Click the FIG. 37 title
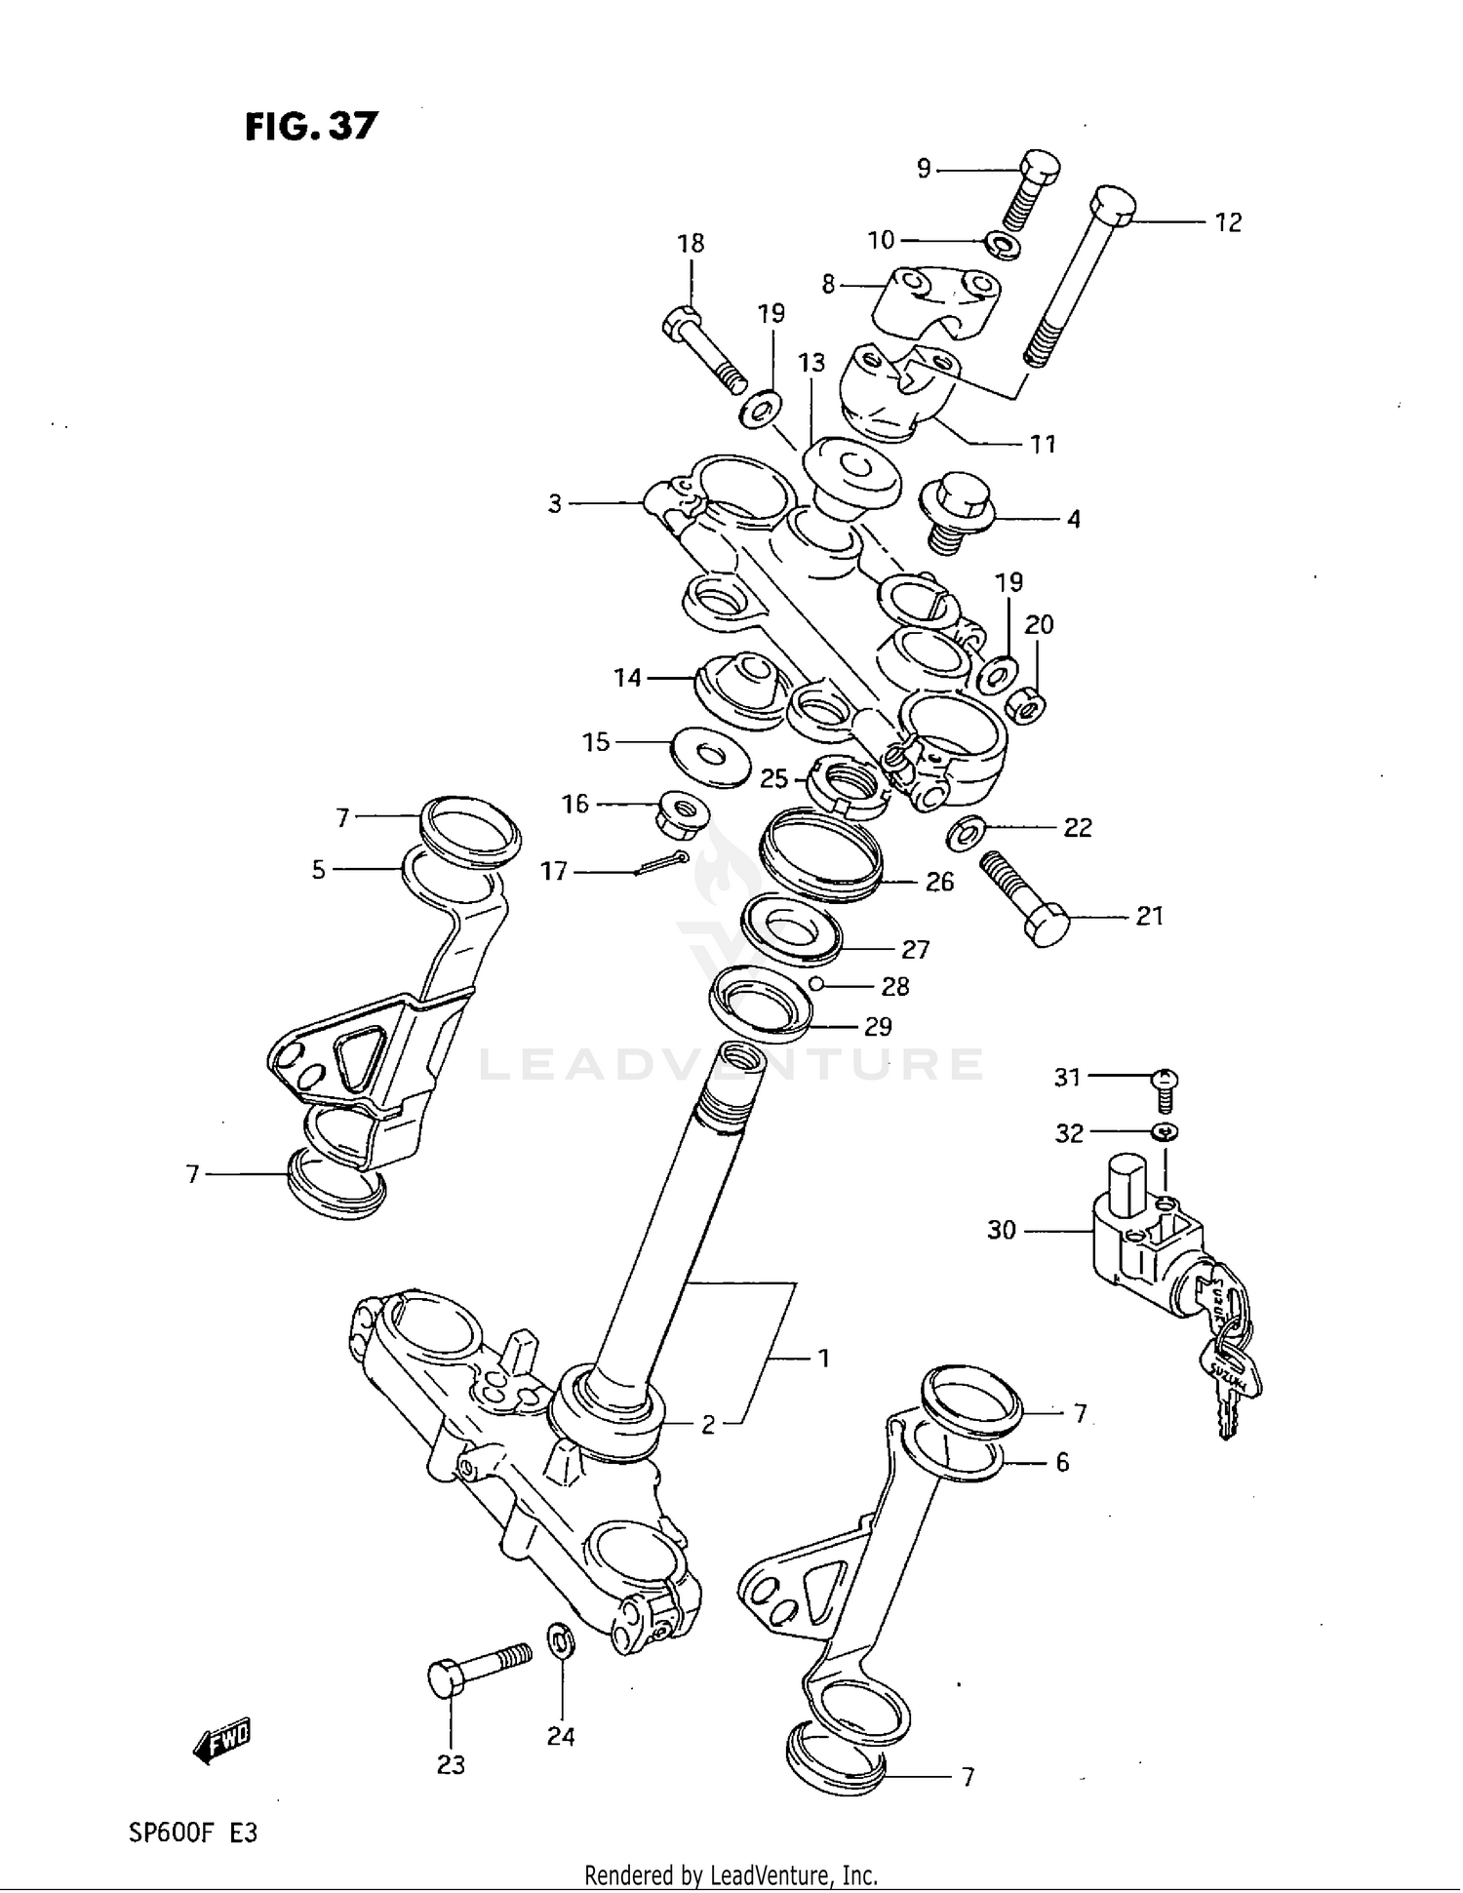[310, 127]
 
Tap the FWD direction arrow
[222, 1738]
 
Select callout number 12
[1227, 223]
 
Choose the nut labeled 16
[683, 814]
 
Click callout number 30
[1002, 1231]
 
